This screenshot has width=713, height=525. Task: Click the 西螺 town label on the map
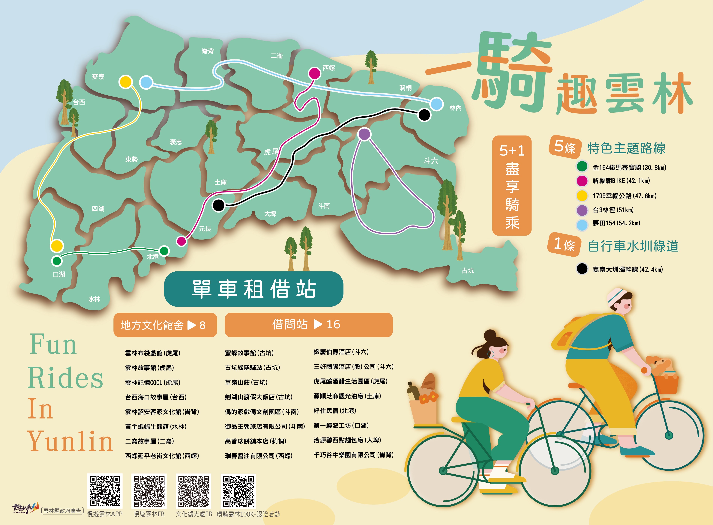coord(329,68)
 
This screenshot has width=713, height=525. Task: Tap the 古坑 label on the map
coord(468,270)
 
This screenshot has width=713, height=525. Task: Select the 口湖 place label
coord(59,274)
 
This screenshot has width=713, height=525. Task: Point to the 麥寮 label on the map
coord(98,77)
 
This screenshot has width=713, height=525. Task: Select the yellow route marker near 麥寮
coord(126,82)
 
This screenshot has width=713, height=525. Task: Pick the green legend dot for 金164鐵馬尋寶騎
coord(582,166)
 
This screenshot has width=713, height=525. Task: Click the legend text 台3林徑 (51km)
coord(613,210)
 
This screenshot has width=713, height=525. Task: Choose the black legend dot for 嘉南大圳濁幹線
coord(582,269)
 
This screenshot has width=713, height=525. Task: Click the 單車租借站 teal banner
coord(253,289)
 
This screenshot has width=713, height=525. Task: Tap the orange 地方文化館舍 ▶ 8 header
coord(165,325)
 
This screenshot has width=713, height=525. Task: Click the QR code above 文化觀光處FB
coord(194,491)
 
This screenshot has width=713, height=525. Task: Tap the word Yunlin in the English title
coord(70,441)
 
